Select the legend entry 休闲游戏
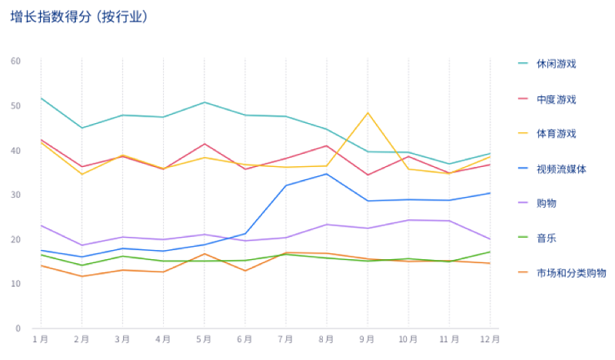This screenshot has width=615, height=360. pos(556,64)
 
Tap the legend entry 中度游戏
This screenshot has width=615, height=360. pos(556,99)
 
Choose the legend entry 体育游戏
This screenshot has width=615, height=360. pos(556,134)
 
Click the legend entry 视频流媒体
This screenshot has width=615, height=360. pos(561,168)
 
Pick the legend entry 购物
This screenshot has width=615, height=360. pos(547,203)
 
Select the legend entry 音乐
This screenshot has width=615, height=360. pos(547,238)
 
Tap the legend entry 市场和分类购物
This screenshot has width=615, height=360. pos(571,273)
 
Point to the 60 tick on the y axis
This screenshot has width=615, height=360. pos(16,61)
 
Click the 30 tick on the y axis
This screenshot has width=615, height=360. pos(16,195)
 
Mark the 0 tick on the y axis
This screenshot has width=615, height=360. pos(18,328)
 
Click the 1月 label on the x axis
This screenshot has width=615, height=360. pos(40,338)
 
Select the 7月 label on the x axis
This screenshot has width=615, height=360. pos(285,338)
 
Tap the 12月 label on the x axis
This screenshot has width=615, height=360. pos(490,338)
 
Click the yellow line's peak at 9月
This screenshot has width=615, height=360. pos(367,113)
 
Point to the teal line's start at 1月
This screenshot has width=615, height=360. pos(41,98)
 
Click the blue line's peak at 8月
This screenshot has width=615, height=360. pos(327,174)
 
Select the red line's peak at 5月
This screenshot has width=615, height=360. pos(204,144)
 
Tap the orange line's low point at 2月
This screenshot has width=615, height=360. pos(81,276)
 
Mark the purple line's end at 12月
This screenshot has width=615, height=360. pos(490,239)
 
